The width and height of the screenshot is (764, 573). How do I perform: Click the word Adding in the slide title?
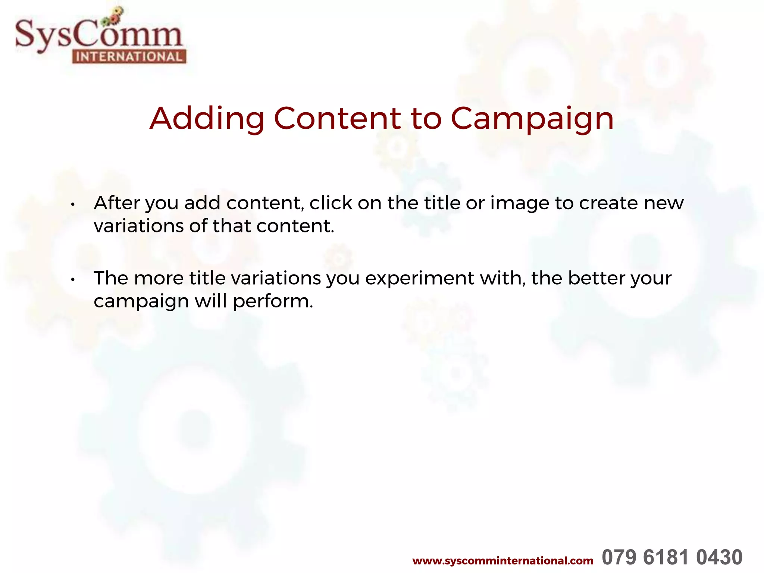click(207, 119)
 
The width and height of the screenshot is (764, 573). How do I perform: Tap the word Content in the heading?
click(337, 119)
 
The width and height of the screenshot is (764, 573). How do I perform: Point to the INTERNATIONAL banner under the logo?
click(129, 57)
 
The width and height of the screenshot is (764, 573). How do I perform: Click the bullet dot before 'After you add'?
click(73, 204)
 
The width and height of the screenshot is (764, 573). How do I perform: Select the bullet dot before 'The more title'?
click(73, 279)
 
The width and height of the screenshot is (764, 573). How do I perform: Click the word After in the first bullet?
click(117, 203)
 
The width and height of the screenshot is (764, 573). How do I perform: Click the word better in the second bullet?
click(596, 278)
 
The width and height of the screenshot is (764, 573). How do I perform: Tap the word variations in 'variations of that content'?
click(138, 226)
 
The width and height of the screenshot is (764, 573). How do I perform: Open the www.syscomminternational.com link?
click(502, 561)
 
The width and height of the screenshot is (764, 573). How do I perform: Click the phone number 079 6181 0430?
click(672, 557)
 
